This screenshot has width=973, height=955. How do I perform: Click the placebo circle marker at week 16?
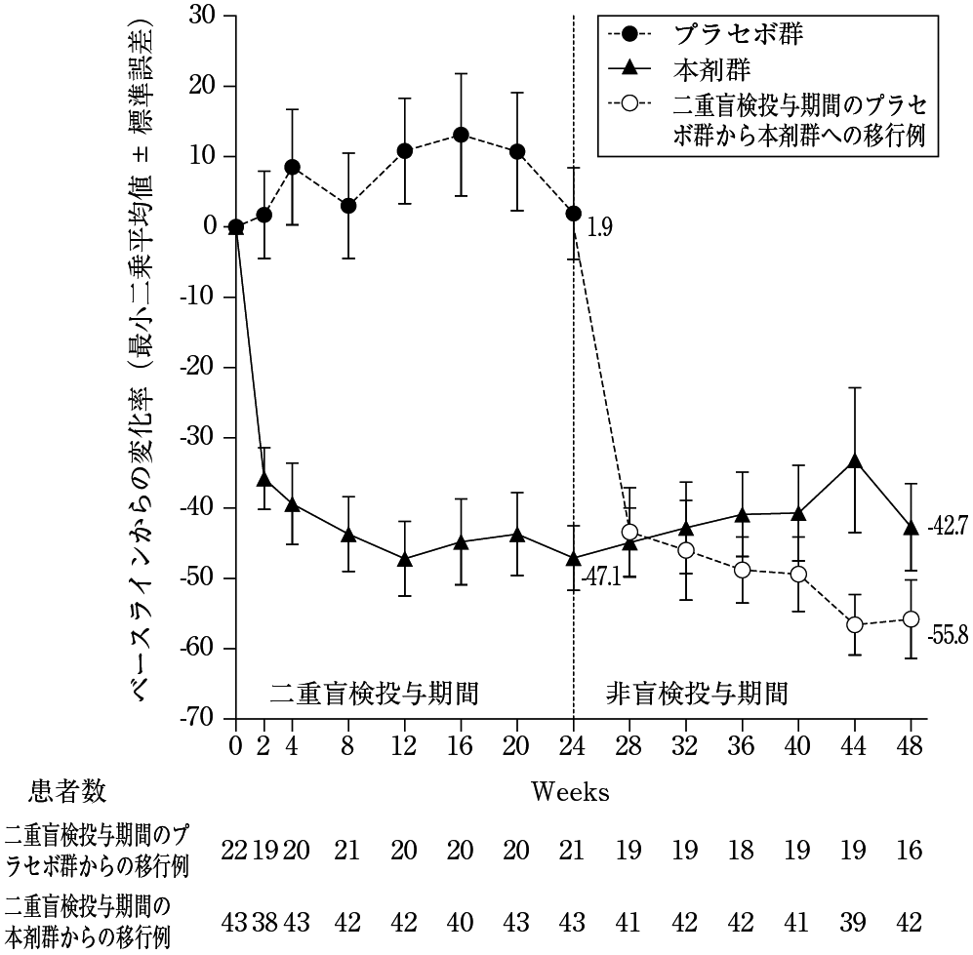coord(461,135)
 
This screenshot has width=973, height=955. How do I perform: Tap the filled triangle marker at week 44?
coord(855,460)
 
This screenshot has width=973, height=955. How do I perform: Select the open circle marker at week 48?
coord(911,618)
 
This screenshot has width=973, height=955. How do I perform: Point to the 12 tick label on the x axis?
coord(404,746)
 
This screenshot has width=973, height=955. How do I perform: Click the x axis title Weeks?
coord(571,791)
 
